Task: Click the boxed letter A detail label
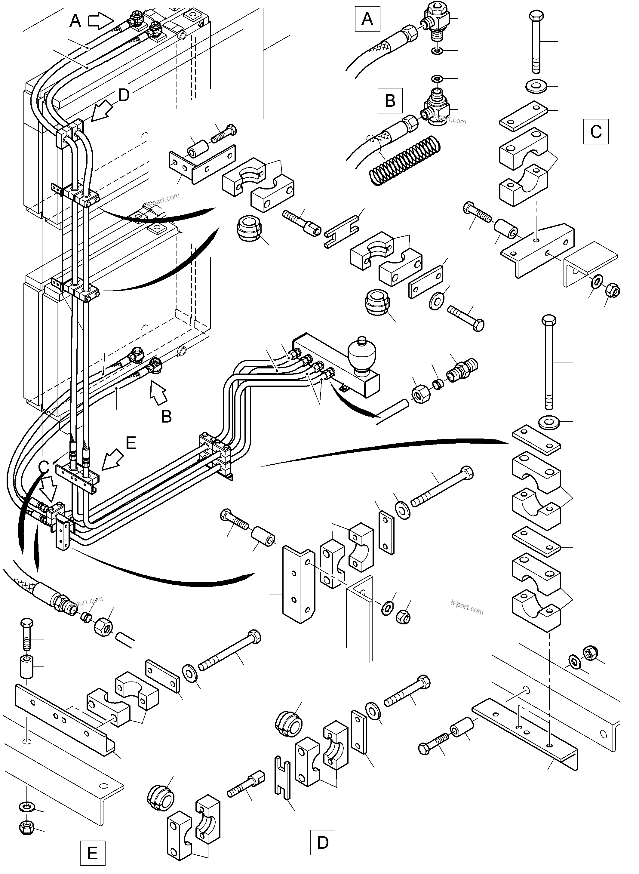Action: [367, 19]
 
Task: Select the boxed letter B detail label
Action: [390, 100]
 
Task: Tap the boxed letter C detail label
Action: [596, 131]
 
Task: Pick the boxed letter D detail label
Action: [322, 842]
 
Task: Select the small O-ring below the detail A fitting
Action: [437, 51]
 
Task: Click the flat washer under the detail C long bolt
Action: [536, 86]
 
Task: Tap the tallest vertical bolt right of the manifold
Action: [549, 362]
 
